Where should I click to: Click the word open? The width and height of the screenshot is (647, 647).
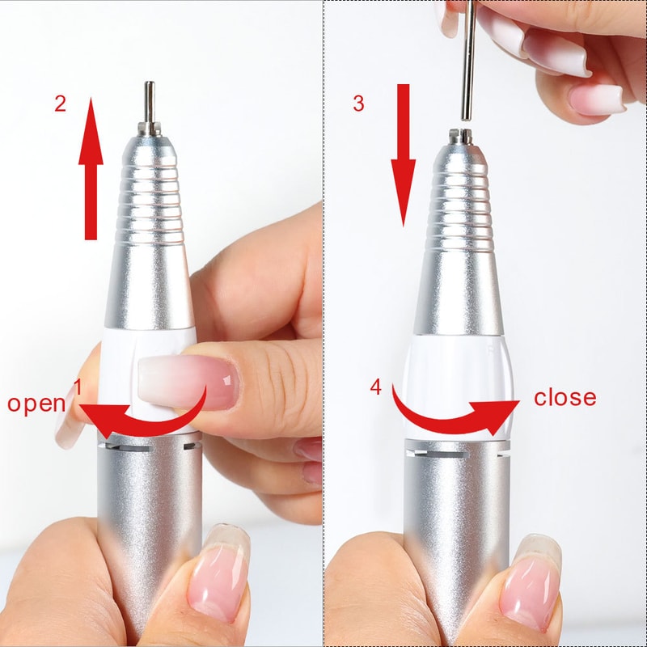tap(36, 403)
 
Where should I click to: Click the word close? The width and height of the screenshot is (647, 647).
tap(565, 397)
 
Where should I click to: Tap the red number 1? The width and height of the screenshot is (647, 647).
tap(78, 387)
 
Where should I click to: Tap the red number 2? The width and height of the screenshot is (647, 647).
tap(60, 104)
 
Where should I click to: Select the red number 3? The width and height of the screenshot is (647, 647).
tap(359, 104)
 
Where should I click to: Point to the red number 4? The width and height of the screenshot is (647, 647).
tap(375, 387)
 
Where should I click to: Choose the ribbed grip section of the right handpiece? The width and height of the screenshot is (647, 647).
tap(459, 206)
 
